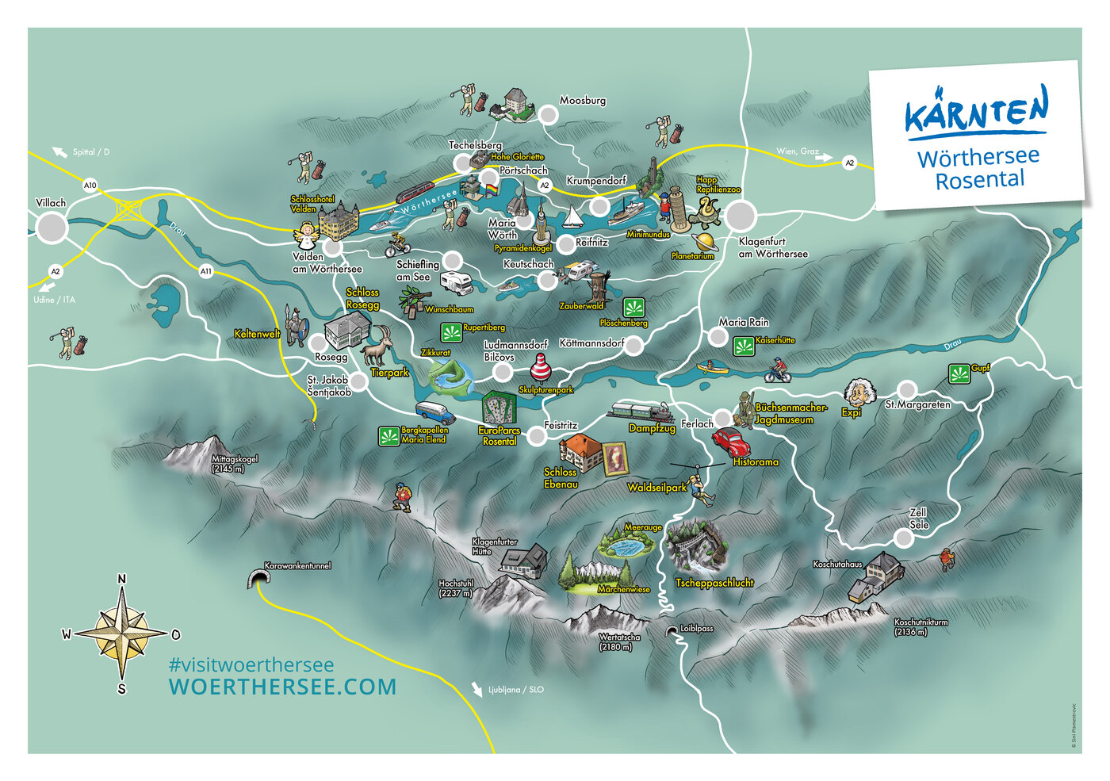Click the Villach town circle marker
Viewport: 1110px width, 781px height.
click(x=52, y=228)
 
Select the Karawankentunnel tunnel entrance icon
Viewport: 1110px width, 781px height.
click(x=258, y=579)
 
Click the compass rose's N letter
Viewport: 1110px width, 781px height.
click(x=121, y=579)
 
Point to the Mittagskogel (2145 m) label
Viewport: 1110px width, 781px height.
click(x=234, y=464)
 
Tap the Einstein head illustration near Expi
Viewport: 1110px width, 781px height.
click(x=860, y=392)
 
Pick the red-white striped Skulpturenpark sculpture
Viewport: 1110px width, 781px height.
click(x=541, y=369)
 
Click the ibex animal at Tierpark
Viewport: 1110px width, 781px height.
click(x=377, y=346)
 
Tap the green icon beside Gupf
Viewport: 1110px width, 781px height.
click(x=959, y=373)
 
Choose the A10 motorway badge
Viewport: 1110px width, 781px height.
click(x=90, y=186)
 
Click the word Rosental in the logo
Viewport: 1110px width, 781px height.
click(x=980, y=180)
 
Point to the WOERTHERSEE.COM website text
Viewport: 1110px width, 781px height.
click(x=282, y=687)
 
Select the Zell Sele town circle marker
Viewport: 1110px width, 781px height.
click(x=903, y=538)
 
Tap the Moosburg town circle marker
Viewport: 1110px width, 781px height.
click(x=548, y=115)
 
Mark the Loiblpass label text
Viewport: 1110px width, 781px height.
click(x=697, y=629)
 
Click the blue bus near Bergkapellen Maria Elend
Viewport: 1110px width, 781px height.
click(x=434, y=412)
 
